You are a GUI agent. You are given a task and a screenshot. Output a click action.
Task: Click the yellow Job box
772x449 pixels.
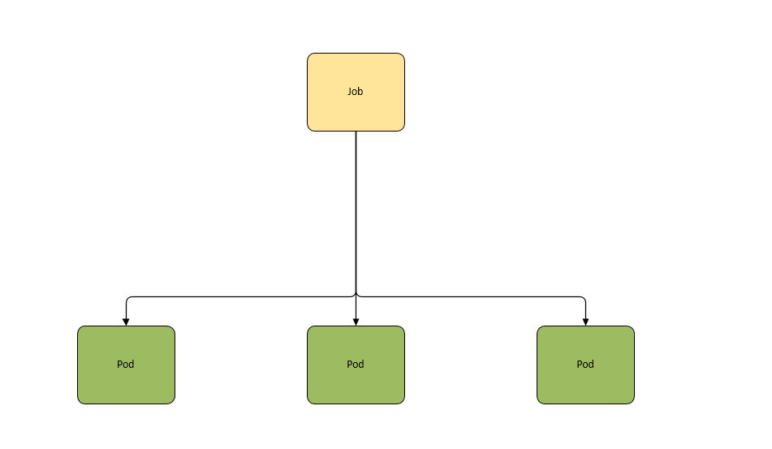[x=356, y=92]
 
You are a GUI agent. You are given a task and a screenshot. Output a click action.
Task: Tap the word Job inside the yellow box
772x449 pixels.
[x=355, y=92]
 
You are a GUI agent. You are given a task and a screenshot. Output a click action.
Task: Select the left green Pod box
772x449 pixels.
[x=126, y=365]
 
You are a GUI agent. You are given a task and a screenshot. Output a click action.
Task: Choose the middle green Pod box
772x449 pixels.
[x=356, y=365]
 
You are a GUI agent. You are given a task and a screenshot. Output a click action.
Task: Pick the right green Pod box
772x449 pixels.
[x=585, y=365]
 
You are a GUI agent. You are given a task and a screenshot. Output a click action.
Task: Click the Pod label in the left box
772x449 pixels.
[x=126, y=364]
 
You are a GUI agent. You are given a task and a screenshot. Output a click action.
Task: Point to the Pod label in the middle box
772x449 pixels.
[x=355, y=364]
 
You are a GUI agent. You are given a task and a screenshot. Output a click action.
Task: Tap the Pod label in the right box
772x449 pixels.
[x=585, y=364]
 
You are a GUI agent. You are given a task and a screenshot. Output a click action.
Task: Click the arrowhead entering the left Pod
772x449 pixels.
[x=126, y=322]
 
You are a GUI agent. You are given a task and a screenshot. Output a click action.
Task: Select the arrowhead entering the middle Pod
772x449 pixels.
[x=356, y=322]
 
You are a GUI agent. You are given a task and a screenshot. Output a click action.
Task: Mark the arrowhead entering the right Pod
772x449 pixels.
[x=585, y=322]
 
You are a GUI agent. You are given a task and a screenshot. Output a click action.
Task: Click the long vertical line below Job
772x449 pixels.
[x=356, y=212]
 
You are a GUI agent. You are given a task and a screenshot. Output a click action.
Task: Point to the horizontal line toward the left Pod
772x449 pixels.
[x=241, y=297]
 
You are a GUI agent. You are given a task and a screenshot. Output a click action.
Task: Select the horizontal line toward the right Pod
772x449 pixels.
[x=471, y=297]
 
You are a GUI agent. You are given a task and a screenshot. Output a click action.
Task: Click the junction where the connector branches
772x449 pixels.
[x=356, y=296]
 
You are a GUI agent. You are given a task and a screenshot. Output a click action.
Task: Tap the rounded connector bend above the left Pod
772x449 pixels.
[x=127, y=298]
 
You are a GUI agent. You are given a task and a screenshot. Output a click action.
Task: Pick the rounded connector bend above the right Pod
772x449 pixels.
[x=584, y=298]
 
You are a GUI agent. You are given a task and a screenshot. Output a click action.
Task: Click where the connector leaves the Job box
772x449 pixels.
[x=356, y=132]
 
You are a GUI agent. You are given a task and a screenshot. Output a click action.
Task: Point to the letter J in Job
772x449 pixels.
[x=349, y=92]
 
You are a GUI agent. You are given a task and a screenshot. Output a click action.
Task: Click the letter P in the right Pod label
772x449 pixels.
[x=579, y=364]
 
